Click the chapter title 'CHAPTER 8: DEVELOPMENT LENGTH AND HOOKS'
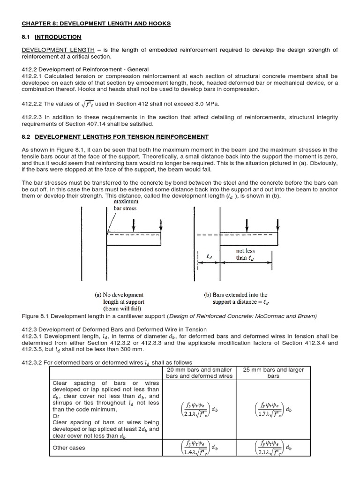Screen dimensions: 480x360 click(96, 23)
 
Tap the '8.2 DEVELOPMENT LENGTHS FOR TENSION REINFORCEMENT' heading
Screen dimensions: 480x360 click(115, 136)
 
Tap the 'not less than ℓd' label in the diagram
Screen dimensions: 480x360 click(245, 255)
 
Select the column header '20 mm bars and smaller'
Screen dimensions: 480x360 click(199, 373)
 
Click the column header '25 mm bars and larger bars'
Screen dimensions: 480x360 click(273, 373)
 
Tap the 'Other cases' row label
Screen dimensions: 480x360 click(69, 448)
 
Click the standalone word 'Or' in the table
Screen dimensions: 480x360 click(56, 415)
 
